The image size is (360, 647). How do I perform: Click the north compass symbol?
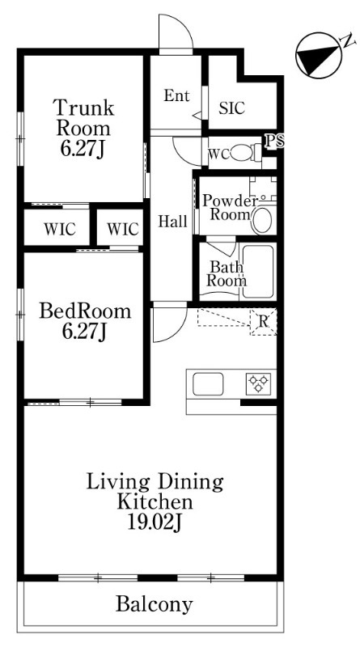319,55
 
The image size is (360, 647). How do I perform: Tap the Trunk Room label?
83,118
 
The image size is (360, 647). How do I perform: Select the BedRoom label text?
85,311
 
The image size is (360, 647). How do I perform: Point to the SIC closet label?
232,108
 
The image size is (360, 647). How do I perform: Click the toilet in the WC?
246,153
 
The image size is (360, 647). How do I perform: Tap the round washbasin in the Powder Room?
262,220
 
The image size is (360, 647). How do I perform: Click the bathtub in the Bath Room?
257,271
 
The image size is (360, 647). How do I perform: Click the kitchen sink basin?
209,384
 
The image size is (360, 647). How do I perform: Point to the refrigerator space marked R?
264,321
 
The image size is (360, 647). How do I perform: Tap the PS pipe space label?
274,141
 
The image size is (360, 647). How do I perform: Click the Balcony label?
154,604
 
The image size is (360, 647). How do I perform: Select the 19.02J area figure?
155,522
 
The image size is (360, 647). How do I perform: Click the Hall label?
173,222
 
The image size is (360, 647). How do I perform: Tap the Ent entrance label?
176,95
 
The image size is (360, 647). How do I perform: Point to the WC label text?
218,154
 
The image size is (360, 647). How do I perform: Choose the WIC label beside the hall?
123,229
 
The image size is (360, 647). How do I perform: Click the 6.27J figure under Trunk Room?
84,149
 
